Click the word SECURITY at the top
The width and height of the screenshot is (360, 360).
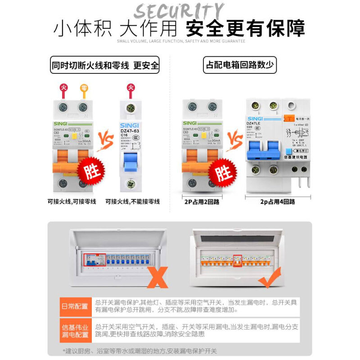(179, 11)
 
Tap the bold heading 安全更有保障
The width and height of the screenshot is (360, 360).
(245, 28)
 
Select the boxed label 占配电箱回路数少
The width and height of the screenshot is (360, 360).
(239, 65)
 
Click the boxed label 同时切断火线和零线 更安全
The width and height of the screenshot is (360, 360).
(104, 65)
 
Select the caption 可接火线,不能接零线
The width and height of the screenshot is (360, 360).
(132, 201)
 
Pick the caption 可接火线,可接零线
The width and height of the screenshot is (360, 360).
(72, 201)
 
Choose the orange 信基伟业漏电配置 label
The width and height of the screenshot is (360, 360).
(75, 331)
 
